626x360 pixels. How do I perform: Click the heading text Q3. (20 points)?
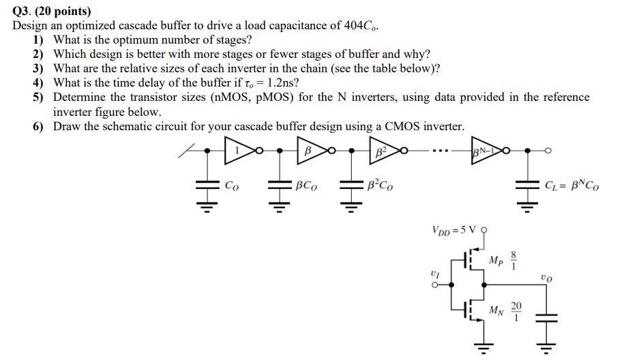[52, 11]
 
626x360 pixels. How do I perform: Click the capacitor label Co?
[233, 185]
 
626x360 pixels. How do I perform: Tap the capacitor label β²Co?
[380, 185]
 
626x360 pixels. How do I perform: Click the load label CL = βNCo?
[572, 185]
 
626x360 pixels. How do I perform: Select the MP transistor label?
[496, 260]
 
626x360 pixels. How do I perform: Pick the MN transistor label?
[496, 310]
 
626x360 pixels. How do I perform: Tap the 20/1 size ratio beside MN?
[516, 310]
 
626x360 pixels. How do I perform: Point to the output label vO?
[546, 277]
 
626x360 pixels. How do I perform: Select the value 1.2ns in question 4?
[280, 83]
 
